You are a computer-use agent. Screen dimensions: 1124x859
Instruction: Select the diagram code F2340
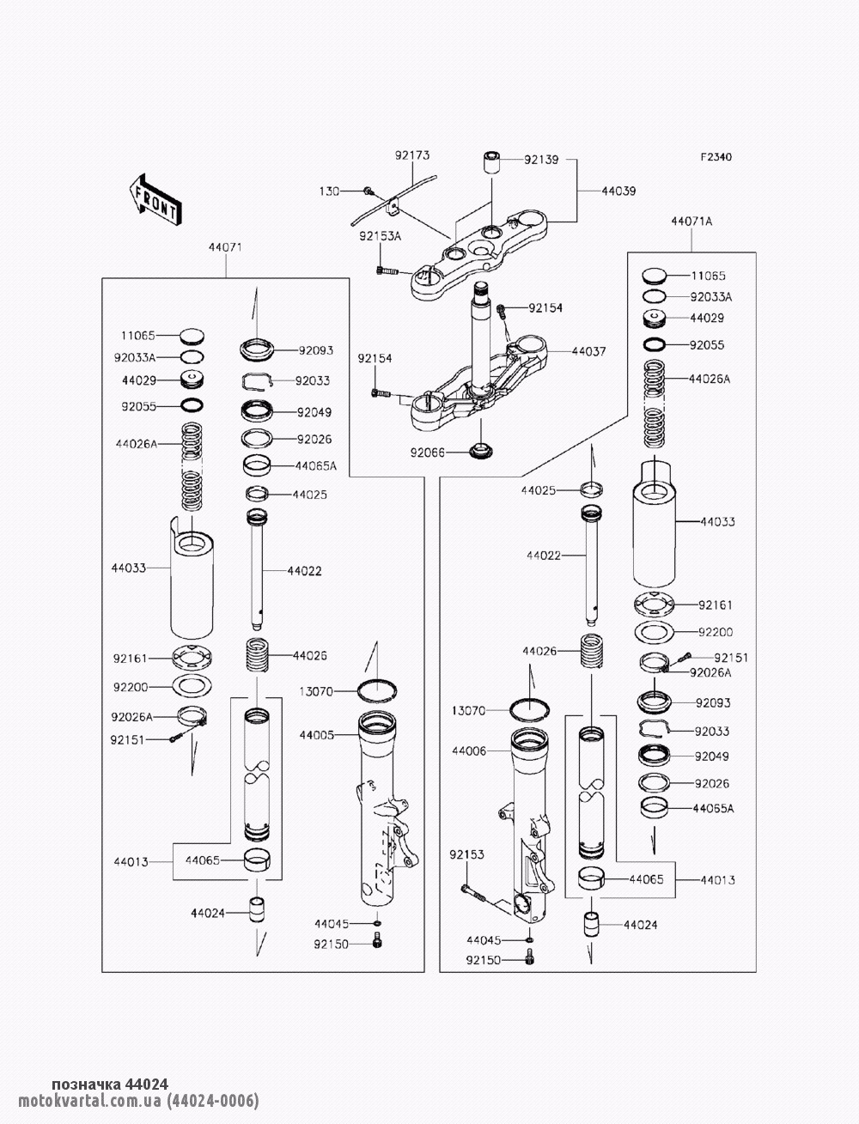tap(716, 157)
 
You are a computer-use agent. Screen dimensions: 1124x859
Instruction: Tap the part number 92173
tap(412, 155)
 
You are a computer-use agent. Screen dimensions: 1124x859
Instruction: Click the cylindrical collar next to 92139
tap(490, 162)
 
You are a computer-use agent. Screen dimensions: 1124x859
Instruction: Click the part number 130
tap(330, 190)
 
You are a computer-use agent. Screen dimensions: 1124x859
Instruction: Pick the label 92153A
tap(381, 235)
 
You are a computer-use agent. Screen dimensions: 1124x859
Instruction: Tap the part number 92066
tap(427, 452)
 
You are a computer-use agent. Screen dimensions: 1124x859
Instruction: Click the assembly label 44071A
tap(691, 221)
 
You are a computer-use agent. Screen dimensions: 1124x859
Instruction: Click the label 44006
tap(469, 751)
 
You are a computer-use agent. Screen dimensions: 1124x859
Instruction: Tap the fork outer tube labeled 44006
tap(528, 824)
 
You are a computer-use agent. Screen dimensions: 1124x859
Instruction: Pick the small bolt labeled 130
tap(368, 190)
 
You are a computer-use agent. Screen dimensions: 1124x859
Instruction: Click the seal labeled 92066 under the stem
tap(480, 450)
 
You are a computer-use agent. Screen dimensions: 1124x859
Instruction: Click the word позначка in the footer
tap(84, 1084)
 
